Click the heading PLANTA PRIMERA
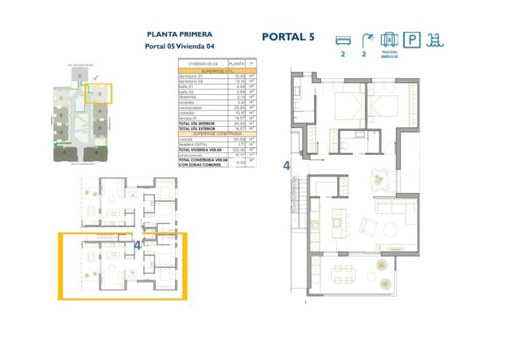coord(180,33)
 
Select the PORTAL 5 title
coord(288,37)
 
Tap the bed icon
coord(343,40)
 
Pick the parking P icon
coord(412,40)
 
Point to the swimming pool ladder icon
coord(433,40)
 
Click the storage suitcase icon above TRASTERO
coord(388,40)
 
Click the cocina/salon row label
coord(193,108)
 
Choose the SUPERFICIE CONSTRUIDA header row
coord(216,134)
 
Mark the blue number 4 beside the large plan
coord(287,164)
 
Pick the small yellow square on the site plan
coord(99,93)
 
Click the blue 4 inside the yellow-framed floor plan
coord(138,247)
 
